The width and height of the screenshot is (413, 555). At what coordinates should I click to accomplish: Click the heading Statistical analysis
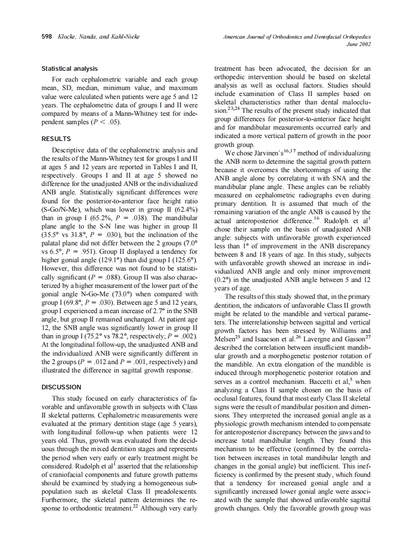click(x=69, y=69)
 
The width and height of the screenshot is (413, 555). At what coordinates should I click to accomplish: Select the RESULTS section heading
click(x=56, y=139)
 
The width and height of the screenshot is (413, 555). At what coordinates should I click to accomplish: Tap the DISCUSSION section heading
click(x=61, y=387)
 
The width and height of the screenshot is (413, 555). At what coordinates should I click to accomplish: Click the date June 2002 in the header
click(x=359, y=44)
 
